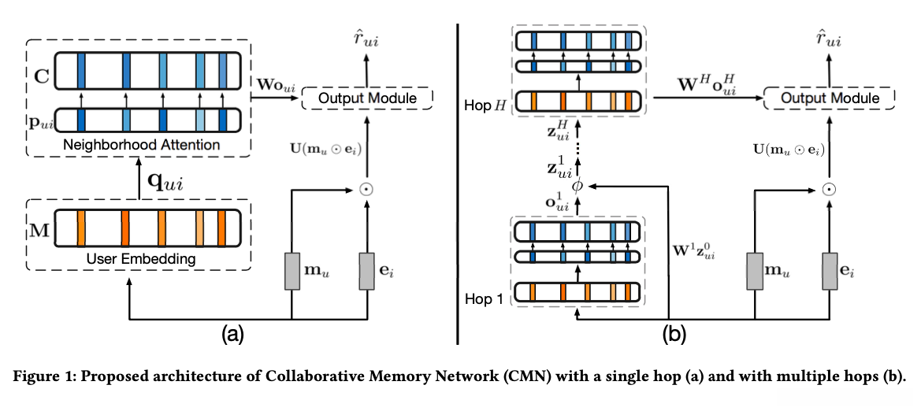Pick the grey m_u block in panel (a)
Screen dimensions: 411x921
(x=293, y=272)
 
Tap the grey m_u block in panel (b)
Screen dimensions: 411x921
(x=753, y=272)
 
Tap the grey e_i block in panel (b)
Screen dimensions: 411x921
(x=828, y=272)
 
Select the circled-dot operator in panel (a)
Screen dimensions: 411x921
(x=367, y=189)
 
